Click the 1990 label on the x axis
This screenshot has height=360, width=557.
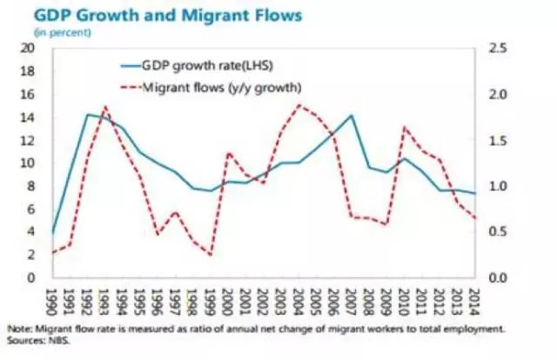(x=55, y=299)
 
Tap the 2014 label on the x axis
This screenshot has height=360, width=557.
(x=475, y=299)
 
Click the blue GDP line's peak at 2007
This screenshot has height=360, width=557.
(x=351, y=115)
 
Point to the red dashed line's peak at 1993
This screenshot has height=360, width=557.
(x=105, y=107)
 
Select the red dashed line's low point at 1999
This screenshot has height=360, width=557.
(x=211, y=255)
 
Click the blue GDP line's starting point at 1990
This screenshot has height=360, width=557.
(x=53, y=232)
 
